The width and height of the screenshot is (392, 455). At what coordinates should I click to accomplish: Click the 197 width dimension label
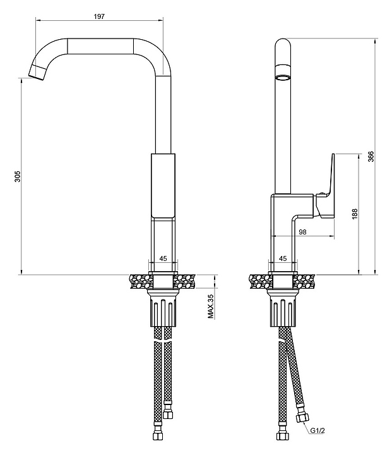click(99, 16)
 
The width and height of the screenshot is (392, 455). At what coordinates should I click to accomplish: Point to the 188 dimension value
click(354, 214)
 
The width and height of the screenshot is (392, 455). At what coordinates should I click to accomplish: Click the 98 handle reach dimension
click(302, 232)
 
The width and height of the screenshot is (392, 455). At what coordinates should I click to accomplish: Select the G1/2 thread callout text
click(318, 432)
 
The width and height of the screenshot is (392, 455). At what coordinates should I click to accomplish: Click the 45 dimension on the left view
click(163, 258)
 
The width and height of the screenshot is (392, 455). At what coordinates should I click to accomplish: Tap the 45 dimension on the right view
click(282, 258)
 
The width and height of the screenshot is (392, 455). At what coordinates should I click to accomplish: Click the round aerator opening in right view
click(283, 77)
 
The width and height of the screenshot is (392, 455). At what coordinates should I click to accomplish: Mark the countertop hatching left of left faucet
click(139, 280)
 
